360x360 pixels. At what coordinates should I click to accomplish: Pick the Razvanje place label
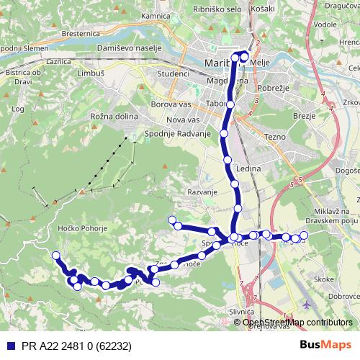click(x=202, y=193)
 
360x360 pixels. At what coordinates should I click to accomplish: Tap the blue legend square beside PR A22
click(x=9, y=345)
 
